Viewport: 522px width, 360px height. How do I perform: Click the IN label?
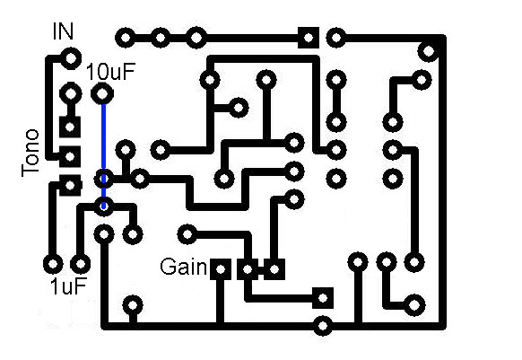(x=63, y=31)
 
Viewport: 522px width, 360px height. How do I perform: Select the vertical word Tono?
(x=30, y=153)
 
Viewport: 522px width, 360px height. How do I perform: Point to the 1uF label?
(x=68, y=286)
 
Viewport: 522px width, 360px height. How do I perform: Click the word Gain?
(x=184, y=267)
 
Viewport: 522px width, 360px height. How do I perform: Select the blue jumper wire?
(x=103, y=156)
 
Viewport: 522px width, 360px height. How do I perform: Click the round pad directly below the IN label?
(x=71, y=58)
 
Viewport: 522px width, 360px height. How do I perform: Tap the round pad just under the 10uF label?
(x=102, y=94)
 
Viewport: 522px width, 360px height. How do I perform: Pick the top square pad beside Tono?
(x=70, y=127)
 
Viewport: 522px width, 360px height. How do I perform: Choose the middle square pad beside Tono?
(x=70, y=156)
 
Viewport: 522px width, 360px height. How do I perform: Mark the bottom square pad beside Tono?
(x=70, y=185)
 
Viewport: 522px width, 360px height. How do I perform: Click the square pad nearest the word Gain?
(x=221, y=269)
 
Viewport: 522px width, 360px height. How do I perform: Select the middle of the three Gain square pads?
(x=248, y=269)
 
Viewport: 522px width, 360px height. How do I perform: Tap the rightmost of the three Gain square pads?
(x=274, y=269)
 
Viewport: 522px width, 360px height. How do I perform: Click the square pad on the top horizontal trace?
(x=309, y=38)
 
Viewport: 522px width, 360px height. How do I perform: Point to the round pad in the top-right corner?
(x=429, y=51)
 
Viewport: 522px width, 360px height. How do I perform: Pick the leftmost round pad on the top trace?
(x=126, y=38)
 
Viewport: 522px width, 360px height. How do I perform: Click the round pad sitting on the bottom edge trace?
(x=323, y=325)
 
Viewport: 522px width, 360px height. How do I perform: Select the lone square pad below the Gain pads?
(x=323, y=298)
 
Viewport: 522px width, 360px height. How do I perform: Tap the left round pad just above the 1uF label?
(x=53, y=264)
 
